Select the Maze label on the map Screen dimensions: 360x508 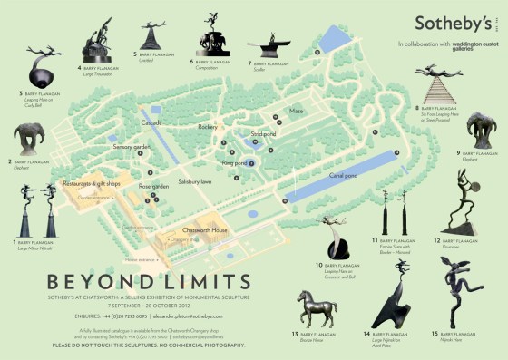tap(296, 112)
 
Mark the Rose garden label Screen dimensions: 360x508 tap(153, 186)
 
